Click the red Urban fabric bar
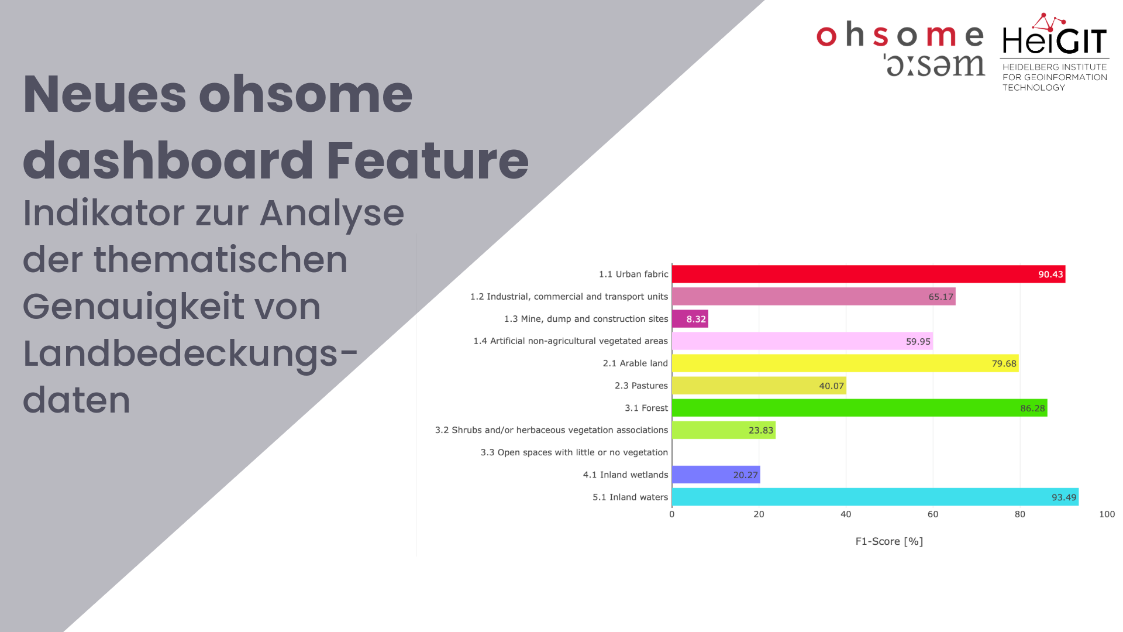pos(869,274)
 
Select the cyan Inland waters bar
pos(875,497)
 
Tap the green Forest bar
pos(860,408)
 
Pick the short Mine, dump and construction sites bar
pos(690,319)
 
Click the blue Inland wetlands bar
pos(716,475)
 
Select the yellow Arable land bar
pos(845,363)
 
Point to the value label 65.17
pos(941,297)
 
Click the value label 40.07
pos(831,386)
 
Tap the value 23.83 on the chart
pos(761,430)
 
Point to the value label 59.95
pos(918,341)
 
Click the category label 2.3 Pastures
pos(641,386)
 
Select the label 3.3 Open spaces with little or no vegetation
pos(574,452)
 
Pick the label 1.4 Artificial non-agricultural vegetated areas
pos(571,341)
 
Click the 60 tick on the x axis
pos(933,514)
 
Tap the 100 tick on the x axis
pos(1107,514)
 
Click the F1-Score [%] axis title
pos(889,541)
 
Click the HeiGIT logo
pos(1055,52)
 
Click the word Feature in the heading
pos(428,160)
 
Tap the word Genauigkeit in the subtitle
pos(171,308)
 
